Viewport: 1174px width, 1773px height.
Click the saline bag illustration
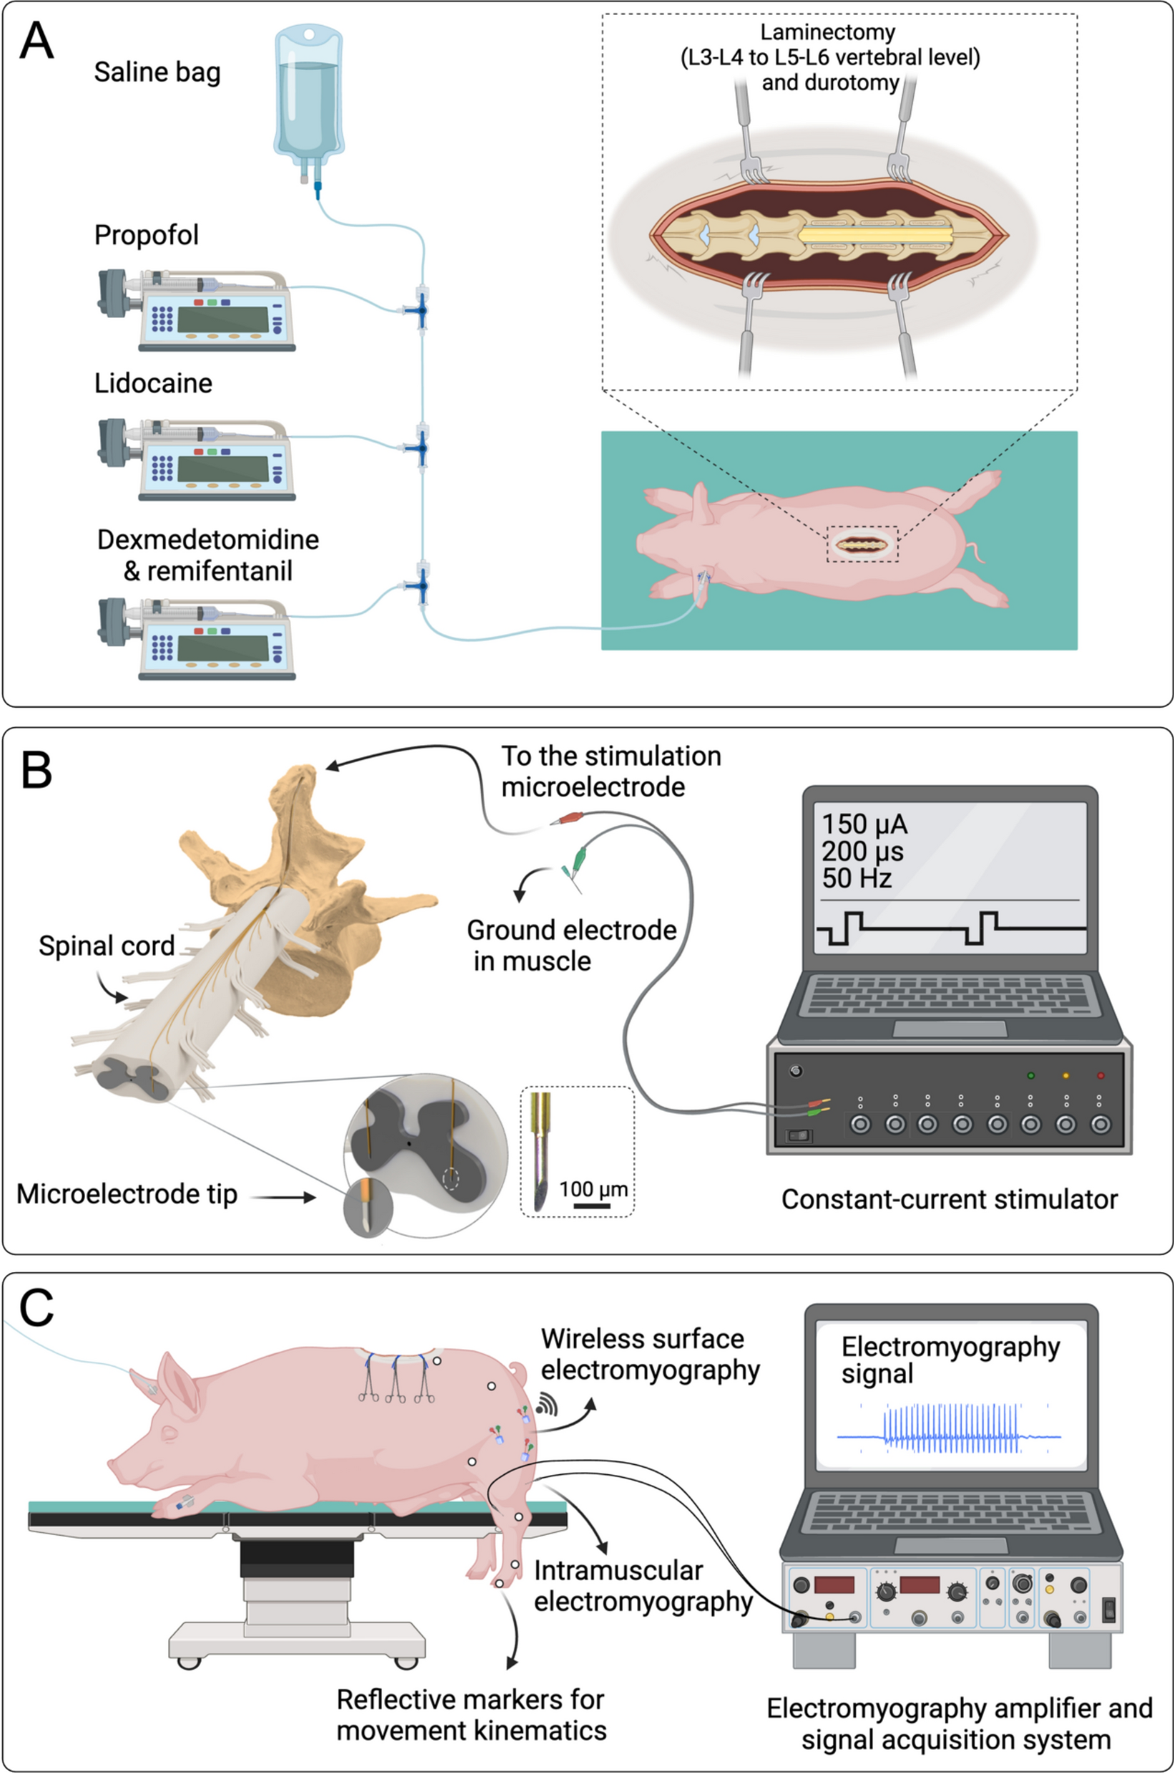(x=308, y=97)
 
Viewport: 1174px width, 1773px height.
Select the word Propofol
(x=146, y=235)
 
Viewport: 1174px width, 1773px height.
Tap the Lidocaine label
(x=153, y=383)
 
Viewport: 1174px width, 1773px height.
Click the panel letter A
(x=36, y=41)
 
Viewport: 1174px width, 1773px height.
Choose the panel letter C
(x=36, y=1308)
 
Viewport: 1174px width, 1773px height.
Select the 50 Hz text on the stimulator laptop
(x=857, y=878)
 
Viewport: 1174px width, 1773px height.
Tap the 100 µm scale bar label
(x=593, y=1189)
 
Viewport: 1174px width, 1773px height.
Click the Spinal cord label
(x=107, y=947)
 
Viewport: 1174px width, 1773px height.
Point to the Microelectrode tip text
(x=127, y=1194)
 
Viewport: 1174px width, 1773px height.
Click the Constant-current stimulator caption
(x=949, y=1200)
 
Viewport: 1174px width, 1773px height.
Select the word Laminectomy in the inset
(x=827, y=32)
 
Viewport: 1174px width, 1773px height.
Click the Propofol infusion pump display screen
(x=222, y=319)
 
